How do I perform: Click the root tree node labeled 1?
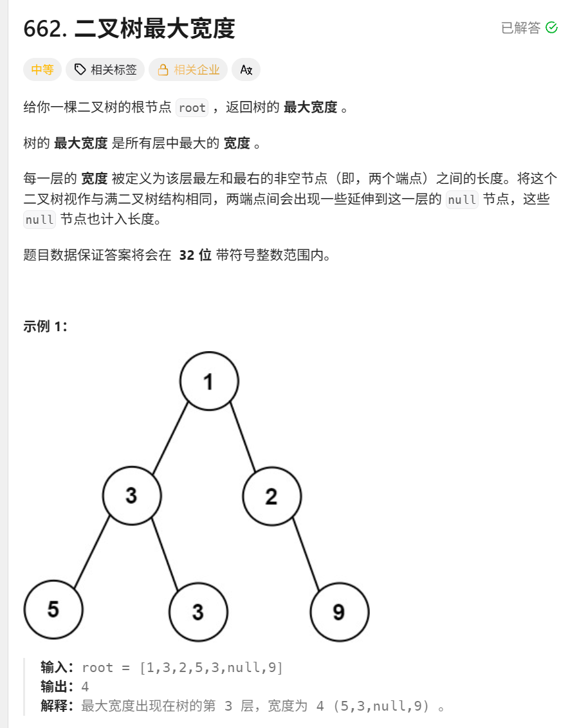pos(209,381)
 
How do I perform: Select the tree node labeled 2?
pos(271,496)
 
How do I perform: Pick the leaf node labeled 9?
pos(339,612)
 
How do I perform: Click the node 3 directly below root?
pos(132,496)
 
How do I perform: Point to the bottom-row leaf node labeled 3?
pos(197,612)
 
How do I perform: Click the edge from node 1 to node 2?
pos(243,437)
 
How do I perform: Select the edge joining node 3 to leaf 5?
pos(92,553)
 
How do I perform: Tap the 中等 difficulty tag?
pos(42,69)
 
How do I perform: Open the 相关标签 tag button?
pos(105,69)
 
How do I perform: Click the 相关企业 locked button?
pos(188,69)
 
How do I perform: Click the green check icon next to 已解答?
pos(551,28)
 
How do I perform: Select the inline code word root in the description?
pos(192,107)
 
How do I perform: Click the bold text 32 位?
pos(195,255)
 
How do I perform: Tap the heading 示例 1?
pos(46,326)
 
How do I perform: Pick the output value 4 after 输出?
pos(85,687)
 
